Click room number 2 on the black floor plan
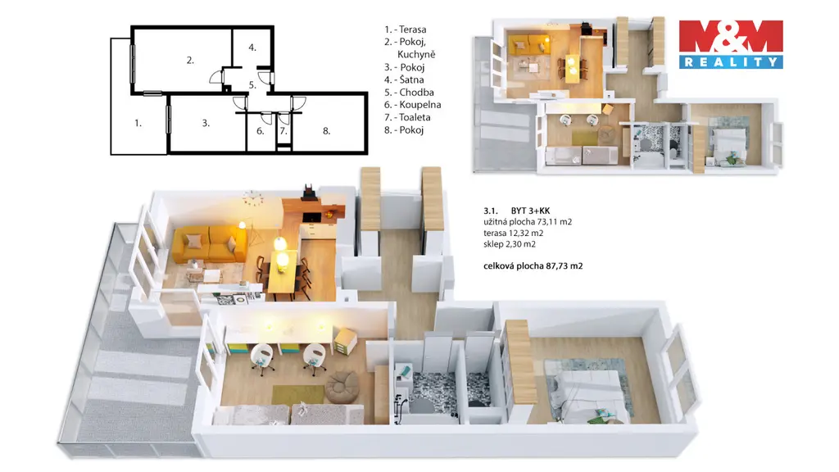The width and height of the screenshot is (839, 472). (190, 61)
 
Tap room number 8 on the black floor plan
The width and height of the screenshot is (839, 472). (326, 131)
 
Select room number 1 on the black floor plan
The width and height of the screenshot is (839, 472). (138, 124)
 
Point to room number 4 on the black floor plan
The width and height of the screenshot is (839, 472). (252, 48)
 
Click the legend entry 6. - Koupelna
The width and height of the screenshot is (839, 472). (413, 105)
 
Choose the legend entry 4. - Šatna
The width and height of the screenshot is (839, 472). (404, 79)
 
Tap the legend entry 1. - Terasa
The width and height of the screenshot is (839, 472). (405, 29)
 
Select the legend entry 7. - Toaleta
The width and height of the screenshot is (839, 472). (407, 117)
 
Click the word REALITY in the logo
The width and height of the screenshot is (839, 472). (731, 62)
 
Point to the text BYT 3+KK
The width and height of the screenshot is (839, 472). (530, 211)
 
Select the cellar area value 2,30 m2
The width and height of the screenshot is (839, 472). (520, 244)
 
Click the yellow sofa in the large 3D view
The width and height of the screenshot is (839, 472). (209, 243)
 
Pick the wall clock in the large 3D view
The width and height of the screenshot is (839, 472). (252, 198)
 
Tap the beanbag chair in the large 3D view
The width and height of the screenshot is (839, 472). (339, 388)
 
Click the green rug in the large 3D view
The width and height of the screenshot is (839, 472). (298, 395)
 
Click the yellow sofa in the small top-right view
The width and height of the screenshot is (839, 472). (528, 44)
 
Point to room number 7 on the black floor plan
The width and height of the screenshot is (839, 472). (283, 131)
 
